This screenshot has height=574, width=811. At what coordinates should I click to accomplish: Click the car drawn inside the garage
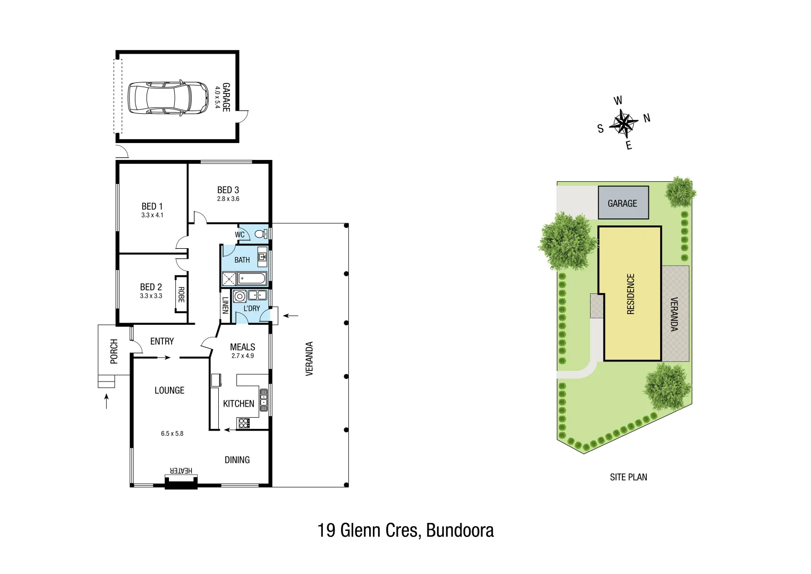pyautogui.click(x=168, y=97)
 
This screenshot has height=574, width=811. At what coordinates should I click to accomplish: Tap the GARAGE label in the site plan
pyautogui.click(x=622, y=204)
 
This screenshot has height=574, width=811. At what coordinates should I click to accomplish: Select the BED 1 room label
pyautogui.click(x=152, y=206)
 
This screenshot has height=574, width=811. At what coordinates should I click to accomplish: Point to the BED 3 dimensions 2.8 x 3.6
pyautogui.click(x=228, y=199)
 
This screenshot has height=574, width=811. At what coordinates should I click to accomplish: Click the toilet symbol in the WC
pyautogui.click(x=260, y=234)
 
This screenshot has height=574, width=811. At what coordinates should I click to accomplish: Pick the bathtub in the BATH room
pyautogui.click(x=252, y=278)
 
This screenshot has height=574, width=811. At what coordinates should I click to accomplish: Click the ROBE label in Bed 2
pyautogui.click(x=181, y=295)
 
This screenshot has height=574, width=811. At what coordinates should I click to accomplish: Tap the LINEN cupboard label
pyautogui.click(x=225, y=305)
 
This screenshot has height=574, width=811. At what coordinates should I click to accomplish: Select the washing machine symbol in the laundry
pyautogui.click(x=240, y=296)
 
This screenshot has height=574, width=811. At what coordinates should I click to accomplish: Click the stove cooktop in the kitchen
pyautogui.click(x=244, y=423)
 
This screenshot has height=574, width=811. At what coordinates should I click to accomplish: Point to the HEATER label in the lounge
pyautogui.click(x=181, y=471)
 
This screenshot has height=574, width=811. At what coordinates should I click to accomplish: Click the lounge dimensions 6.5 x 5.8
pyautogui.click(x=172, y=434)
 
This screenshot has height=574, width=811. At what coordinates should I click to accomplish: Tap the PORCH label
pyautogui.click(x=114, y=351)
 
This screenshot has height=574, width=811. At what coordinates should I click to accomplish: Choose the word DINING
pyautogui.click(x=237, y=460)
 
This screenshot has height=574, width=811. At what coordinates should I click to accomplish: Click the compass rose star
pyautogui.click(x=623, y=123)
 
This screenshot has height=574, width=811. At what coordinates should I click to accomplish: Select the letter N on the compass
pyautogui.click(x=646, y=118)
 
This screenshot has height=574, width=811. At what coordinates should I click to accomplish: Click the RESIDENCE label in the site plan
pyautogui.click(x=630, y=294)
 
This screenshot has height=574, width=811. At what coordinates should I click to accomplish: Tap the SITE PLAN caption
pyautogui.click(x=628, y=477)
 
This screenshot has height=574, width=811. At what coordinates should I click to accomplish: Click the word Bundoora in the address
pyautogui.click(x=460, y=530)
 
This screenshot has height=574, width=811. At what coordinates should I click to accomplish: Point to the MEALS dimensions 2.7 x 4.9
pyautogui.click(x=243, y=356)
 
